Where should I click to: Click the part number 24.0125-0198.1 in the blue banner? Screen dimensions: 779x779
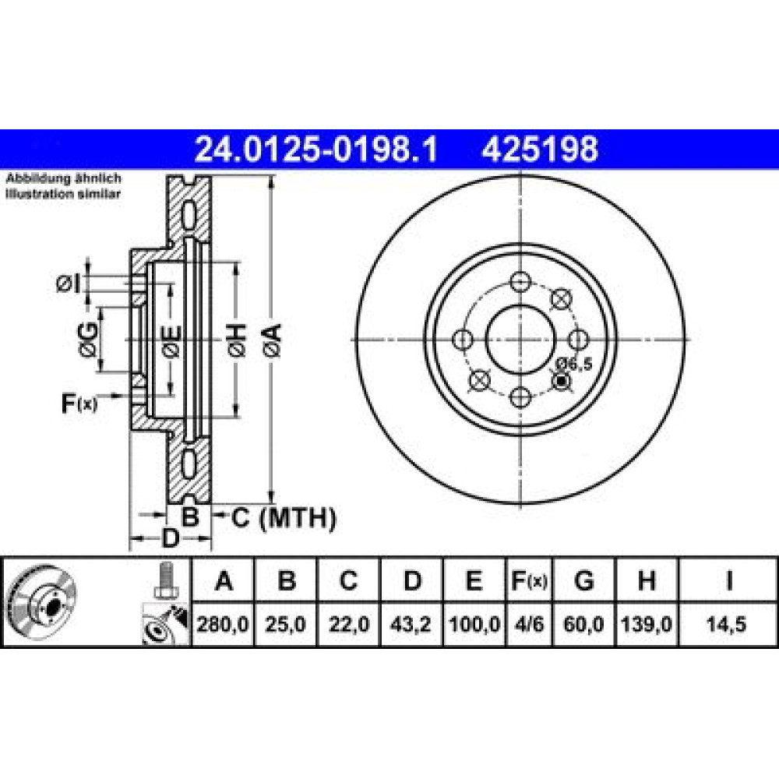316,149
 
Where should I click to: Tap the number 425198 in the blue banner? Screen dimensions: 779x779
540,149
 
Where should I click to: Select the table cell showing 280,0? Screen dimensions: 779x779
223,624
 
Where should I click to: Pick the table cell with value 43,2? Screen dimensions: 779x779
411,624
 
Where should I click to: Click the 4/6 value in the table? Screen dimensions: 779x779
530,624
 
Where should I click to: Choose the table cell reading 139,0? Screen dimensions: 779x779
647,624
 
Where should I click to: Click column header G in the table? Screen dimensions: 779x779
583,580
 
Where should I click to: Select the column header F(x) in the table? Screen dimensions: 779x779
530,580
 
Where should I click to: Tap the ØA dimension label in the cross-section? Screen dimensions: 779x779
273,340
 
